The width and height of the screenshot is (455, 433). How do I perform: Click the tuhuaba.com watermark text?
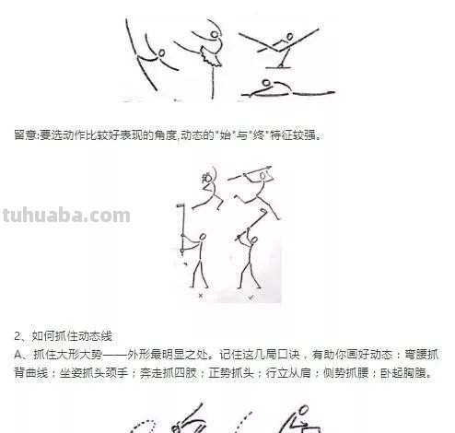point(65,216)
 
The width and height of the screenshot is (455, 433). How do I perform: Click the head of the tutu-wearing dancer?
point(217,36)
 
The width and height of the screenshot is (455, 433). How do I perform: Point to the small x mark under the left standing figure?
point(201,298)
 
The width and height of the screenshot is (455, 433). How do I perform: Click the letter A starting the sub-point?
point(19,354)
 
